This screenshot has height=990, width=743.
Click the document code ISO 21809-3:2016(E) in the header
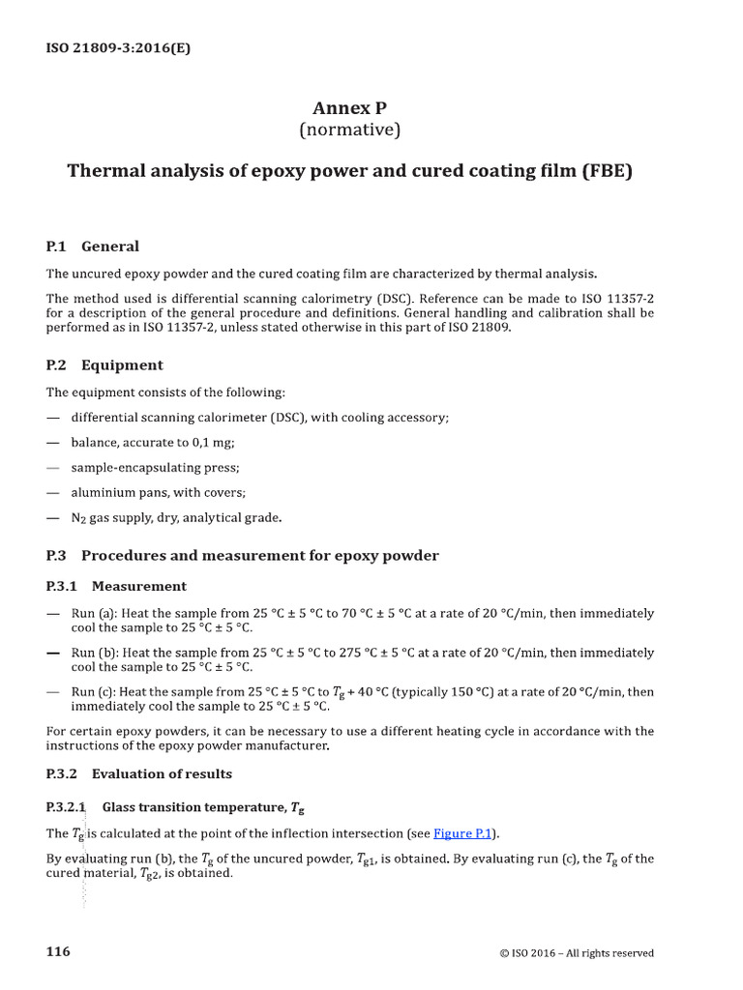coord(119,47)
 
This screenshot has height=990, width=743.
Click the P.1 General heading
coord(93,247)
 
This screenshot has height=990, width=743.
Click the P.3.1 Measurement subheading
coord(116,586)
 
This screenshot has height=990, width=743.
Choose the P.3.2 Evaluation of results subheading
coord(138,774)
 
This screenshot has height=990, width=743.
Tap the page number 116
coord(58,952)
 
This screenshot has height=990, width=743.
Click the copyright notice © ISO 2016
coord(576,953)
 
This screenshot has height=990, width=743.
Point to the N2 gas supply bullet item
coord(177,518)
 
